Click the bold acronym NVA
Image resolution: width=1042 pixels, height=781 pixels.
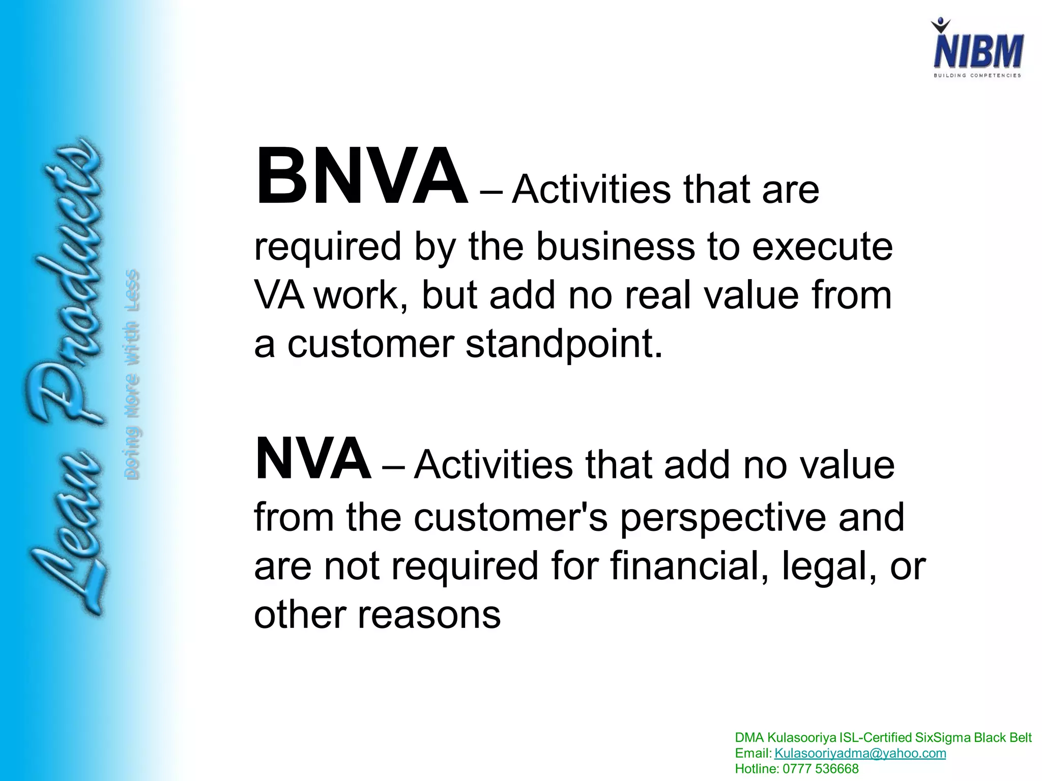tap(312, 459)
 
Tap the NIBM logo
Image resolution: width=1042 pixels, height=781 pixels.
tap(977, 51)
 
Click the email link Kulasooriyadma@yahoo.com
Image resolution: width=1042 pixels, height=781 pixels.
tap(860, 753)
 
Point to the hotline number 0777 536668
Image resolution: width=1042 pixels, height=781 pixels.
tap(821, 769)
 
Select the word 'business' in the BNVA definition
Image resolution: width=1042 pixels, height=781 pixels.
tap(615, 247)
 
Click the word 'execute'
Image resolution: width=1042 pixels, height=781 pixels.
tap(822, 247)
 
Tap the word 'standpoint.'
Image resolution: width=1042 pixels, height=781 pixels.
tap(565, 344)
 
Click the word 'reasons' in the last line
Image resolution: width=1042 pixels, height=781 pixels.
tap(429, 615)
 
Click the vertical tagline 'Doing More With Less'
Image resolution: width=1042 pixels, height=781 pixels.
tap(132, 374)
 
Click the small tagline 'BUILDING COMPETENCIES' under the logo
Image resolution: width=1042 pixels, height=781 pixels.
tap(977, 76)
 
